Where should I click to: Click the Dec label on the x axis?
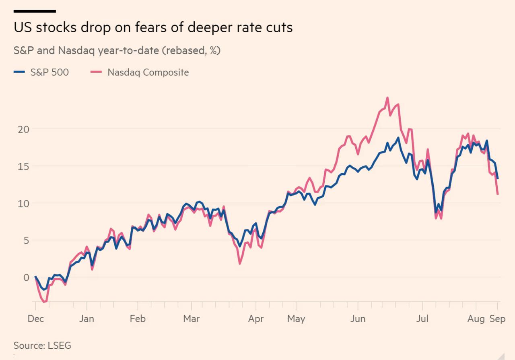point(35,319)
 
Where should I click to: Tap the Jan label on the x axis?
point(87,319)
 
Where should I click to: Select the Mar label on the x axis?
point(191,319)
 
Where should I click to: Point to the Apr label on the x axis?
point(256,319)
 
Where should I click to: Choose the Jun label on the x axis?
point(358,319)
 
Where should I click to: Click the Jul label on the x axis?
point(422,319)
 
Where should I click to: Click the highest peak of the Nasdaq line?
point(387,97)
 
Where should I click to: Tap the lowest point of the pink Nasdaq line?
point(44,302)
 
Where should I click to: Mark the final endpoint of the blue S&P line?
point(498,178)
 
